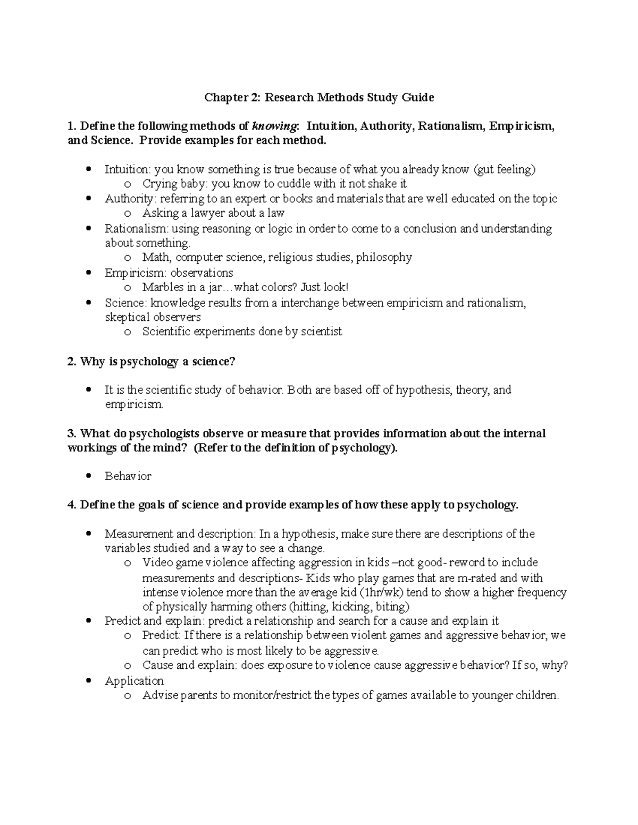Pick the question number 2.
click(x=72, y=362)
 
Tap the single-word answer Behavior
click(x=128, y=477)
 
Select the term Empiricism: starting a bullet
click(x=133, y=273)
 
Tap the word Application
click(x=134, y=681)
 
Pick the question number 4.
click(x=72, y=505)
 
